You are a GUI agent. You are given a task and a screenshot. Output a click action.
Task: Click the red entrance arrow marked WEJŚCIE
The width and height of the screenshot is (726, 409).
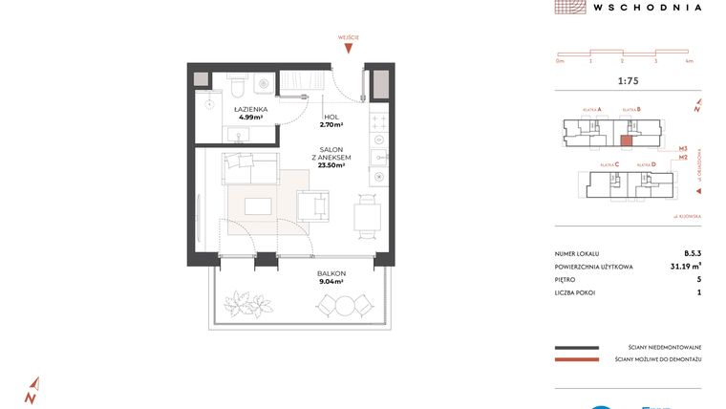351,48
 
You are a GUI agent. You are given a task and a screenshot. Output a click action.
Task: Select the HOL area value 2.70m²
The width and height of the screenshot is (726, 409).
331,124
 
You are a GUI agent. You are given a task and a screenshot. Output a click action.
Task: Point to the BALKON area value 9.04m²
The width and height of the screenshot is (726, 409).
331,282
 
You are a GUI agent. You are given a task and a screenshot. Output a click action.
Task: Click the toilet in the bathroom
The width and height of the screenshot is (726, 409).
236,89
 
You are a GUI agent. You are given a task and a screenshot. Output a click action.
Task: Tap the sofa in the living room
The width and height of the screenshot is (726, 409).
249,170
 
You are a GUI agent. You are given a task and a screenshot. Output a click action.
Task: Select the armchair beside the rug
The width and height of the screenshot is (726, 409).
312,204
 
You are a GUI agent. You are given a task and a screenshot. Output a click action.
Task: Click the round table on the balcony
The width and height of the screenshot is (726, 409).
341,305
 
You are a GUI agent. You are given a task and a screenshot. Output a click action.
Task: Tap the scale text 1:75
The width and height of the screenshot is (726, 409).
629,81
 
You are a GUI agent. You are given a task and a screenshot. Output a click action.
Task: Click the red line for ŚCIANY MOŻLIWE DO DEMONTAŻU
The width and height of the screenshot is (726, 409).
576,360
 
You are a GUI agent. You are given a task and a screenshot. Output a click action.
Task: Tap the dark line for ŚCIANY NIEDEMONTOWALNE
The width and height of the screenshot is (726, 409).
576,346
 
